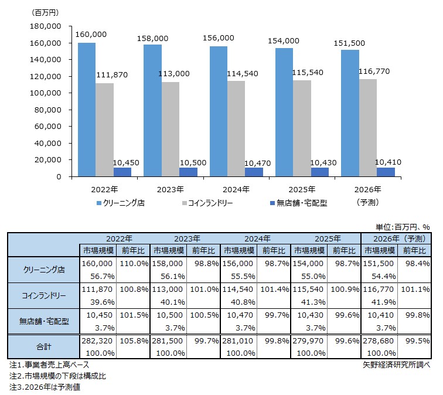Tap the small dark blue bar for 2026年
coord(386,172)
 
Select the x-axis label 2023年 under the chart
coord(170,189)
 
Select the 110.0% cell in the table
coord(132,264)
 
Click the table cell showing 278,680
coord(378,339)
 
